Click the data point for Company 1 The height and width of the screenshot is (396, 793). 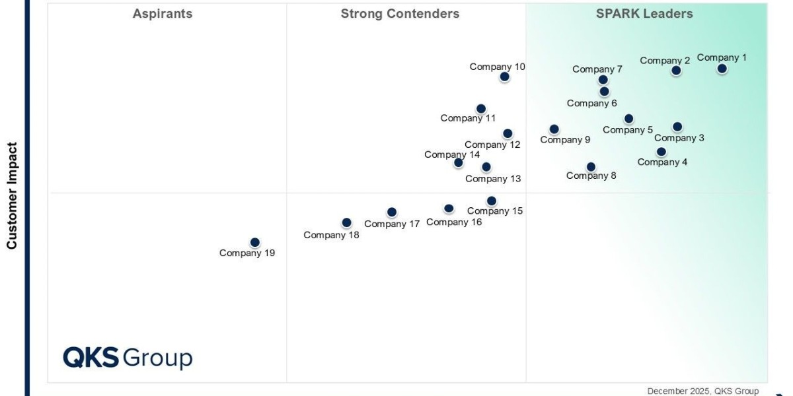722,69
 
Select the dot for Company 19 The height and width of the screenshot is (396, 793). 255,242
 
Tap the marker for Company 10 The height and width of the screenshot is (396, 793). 504,77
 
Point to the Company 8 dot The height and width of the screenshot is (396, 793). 591,167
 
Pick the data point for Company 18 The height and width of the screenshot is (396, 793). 346,223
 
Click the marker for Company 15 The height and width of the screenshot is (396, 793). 491,201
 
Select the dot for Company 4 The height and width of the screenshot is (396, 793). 661,152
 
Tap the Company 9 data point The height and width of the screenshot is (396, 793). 554,129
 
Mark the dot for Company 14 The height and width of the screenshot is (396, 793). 459,162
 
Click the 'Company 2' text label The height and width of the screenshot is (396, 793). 665,61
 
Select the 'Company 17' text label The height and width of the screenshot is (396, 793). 392,224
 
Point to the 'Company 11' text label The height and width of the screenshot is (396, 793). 468,118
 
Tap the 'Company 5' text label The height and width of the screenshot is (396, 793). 628,130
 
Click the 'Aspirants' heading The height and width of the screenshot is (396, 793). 163,14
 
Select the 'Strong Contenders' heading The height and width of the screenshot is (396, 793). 400,14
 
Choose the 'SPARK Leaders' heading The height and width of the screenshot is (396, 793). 644,14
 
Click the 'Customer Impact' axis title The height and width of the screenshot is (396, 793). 12,195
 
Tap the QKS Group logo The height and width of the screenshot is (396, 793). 128,358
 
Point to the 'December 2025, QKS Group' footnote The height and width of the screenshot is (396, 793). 702,391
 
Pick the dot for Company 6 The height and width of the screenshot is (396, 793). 604,92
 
